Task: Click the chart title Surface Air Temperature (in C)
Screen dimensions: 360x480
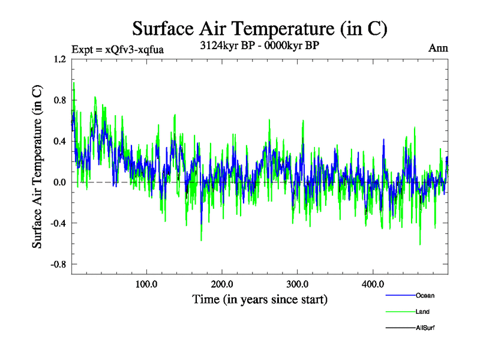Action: [x=259, y=28]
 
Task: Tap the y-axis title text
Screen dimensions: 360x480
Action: [x=37, y=167]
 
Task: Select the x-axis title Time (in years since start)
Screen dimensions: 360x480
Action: [x=260, y=299]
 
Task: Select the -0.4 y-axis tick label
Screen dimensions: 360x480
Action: [x=58, y=223]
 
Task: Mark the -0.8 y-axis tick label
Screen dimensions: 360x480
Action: [x=58, y=264]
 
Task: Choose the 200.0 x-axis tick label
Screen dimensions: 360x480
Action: [x=222, y=284]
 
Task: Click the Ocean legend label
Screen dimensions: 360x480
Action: [x=425, y=295]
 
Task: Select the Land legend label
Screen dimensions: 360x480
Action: [x=422, y=311]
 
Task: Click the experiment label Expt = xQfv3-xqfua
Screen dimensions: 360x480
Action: [x=117, y=49]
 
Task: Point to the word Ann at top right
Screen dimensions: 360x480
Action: [x=438, y=48]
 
